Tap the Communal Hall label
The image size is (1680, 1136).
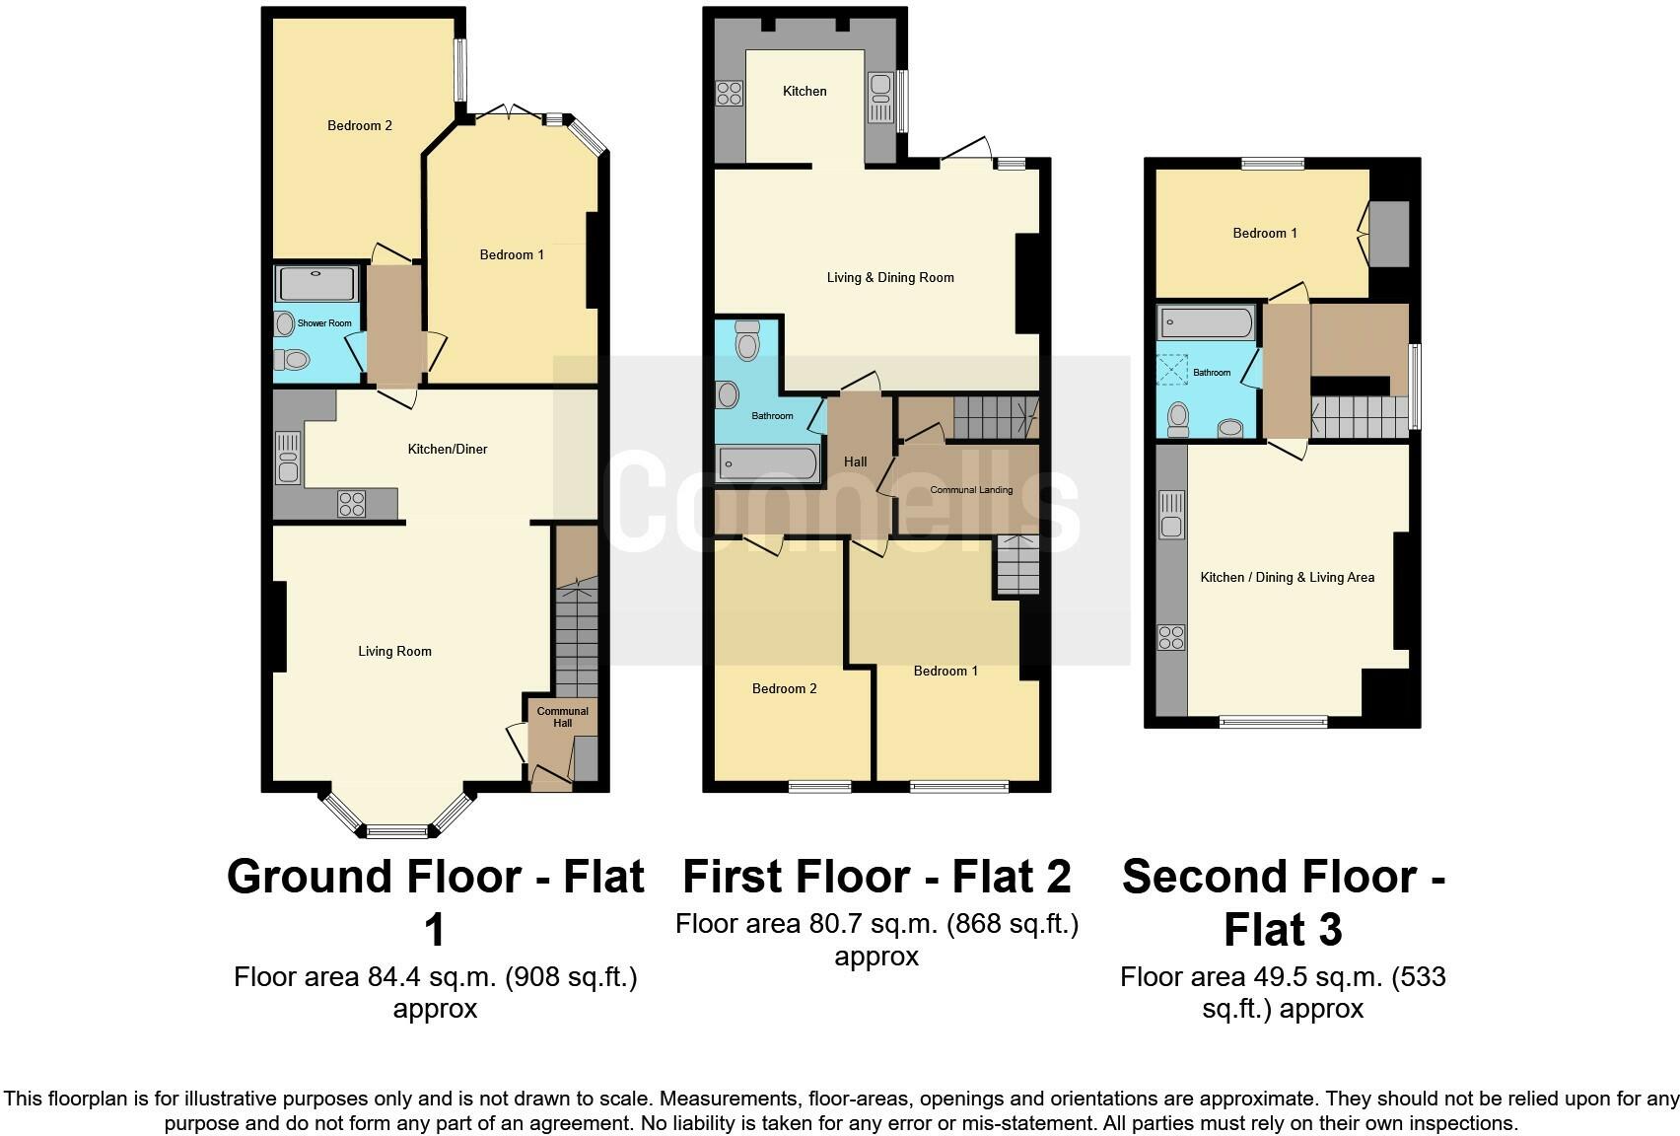click(x=562, y=717)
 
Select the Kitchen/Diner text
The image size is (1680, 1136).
click(x=448, y=450)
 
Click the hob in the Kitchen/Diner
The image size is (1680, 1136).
click(x=352, y=504)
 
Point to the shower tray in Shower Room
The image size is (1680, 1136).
click(x=316, y=284)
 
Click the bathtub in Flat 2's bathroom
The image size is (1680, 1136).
click(x=768, y=463)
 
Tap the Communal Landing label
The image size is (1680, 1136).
click(x=971, y=490)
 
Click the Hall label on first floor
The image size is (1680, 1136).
click(x=855, y=461)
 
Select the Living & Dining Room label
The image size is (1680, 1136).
click(x=890, y=278)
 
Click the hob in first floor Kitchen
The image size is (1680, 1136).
click(x=730, y=94)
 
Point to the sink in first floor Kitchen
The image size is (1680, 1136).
click(x=879, y=98)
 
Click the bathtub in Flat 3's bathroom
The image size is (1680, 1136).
click(x=1207, y=322)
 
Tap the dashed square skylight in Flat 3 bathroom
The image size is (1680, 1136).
click(x=1172, y=370)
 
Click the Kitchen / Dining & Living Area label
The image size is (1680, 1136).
click(x=1287, y=578)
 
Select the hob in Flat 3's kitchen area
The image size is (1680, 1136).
click(x=1171, y=638)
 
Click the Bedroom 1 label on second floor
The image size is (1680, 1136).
click(x=1265, y=234)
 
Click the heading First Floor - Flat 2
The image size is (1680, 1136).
click(x=875, y=876)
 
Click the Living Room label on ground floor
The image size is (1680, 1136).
click(x=394, y=652)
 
